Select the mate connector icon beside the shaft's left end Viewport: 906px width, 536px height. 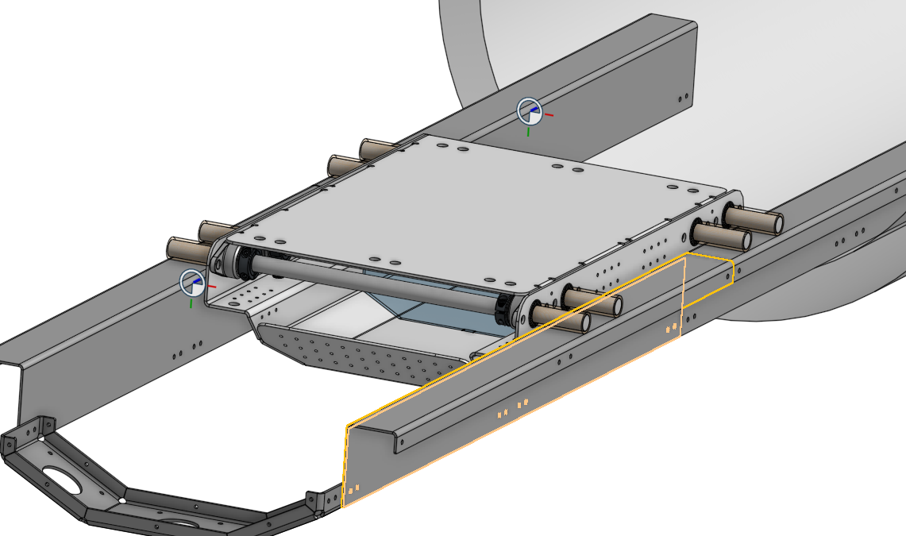tap(194, 283)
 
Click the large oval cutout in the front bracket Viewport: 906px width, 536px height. tap(59, 479)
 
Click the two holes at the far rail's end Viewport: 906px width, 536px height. tap(683, 98)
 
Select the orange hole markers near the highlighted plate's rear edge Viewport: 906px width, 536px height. tap(672, 326)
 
